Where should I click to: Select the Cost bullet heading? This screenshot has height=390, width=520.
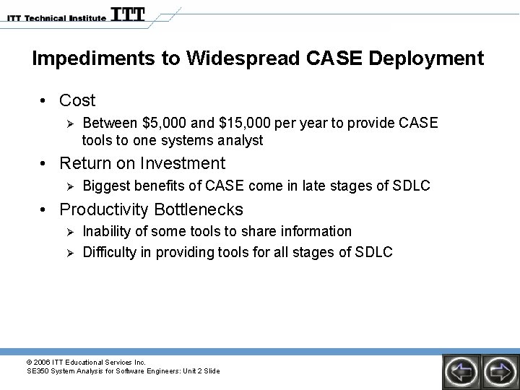click(x=77, y=100)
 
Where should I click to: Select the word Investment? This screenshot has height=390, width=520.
click(x=183, y=163)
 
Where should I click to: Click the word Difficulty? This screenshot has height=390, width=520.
click(x=110, y=252)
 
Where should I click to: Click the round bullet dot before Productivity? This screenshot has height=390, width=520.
click(x=45, y=210)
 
